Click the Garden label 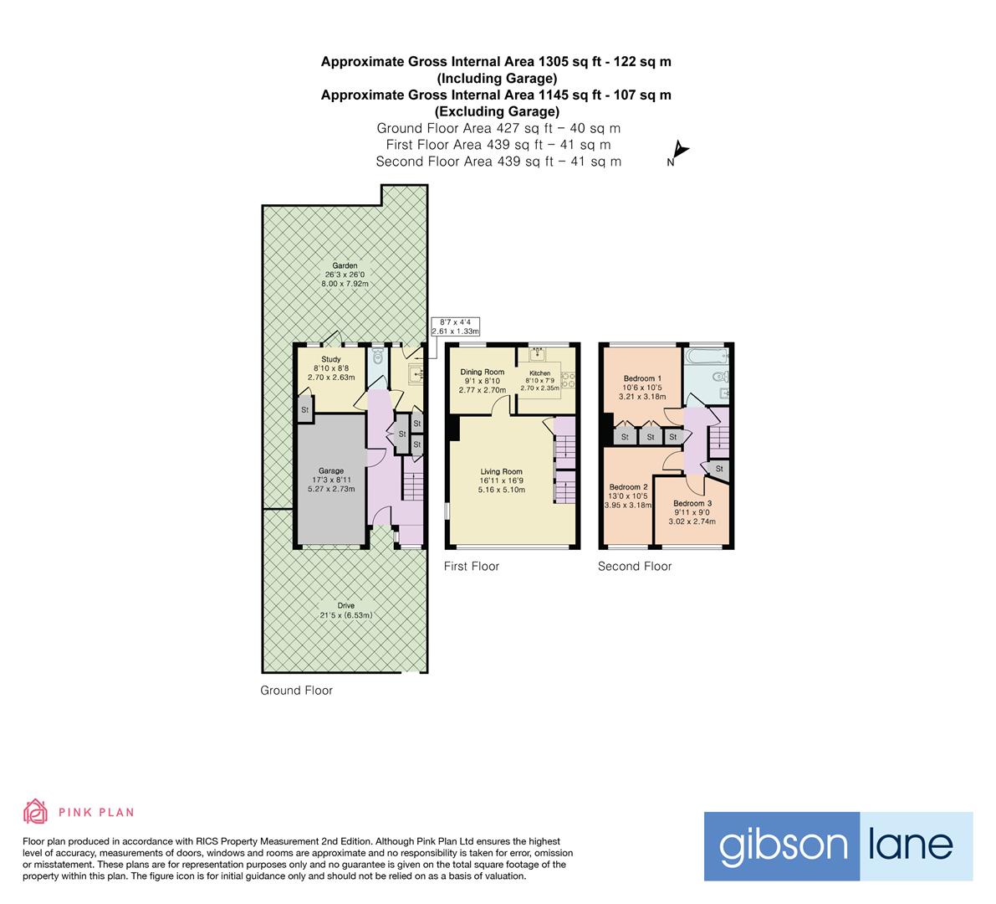(x=345, y=266)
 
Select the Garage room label (x=330, y=471)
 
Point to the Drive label (x=345, y=605)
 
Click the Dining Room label (x=483, y=372)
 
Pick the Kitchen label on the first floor (x=539, y=373)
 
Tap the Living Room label (x=501, y=471)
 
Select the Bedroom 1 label (x=642, y=378)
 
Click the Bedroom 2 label (x=628, y=487)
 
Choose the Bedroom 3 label (x=692, y=503)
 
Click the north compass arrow (x=681, y=151)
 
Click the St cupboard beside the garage (x=305, y=410)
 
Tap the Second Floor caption (x=635, y=567)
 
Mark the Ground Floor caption (x=296, y=691)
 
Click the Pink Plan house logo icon (x=36, y=811)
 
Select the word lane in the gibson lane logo (x=916, y=845)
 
